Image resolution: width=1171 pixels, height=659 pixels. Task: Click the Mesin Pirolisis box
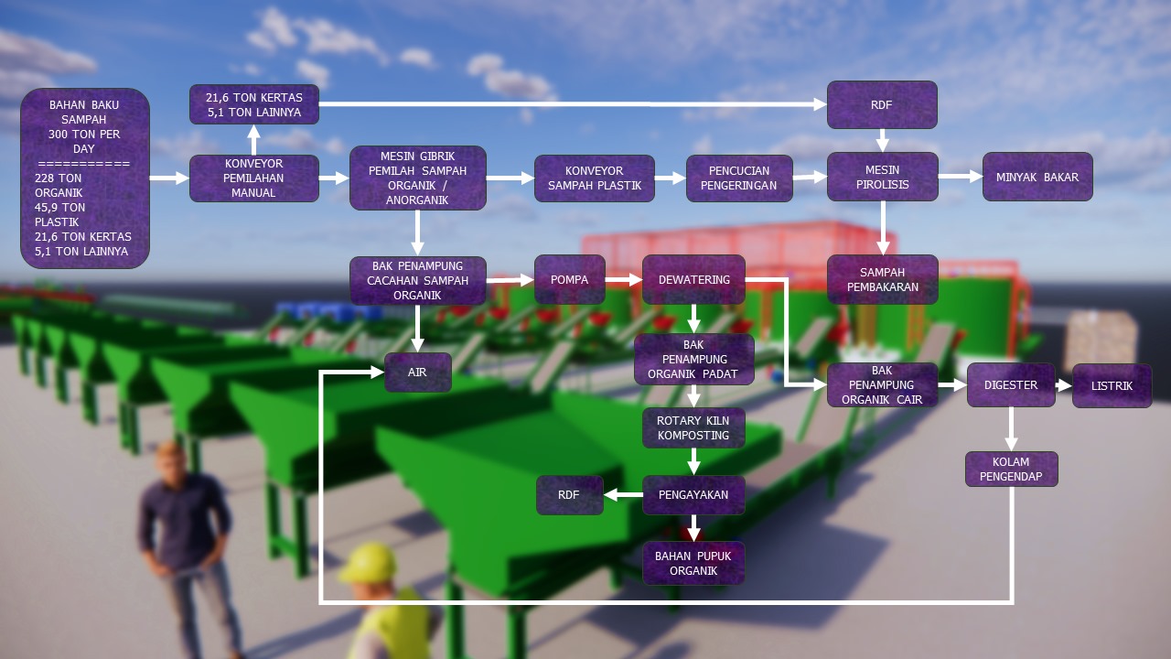tap(882, 177)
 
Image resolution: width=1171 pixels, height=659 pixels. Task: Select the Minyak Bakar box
tap(1037, 177)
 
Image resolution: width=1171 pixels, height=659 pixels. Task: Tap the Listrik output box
tap(1112, 385)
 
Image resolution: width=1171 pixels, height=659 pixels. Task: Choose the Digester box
tap(1011, 385)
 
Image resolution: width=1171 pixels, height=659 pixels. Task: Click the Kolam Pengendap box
tap(1011, 469)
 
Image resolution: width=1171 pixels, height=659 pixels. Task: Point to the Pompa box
tap(570, 279)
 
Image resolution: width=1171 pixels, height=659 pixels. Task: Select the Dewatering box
tap(693, 279)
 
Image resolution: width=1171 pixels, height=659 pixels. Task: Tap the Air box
tap(417, 373)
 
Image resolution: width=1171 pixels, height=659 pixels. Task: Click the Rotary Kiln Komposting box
tap(693, 427)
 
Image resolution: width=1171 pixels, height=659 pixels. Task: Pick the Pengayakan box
tap(693, 494)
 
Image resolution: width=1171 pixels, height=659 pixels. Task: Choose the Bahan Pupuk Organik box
tap(693, 563)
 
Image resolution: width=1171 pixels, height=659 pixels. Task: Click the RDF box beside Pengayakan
tap(569, 494)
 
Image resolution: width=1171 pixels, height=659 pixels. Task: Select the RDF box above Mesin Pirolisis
tap(882, 104)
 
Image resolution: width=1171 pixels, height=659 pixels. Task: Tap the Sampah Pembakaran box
tap(882, 279)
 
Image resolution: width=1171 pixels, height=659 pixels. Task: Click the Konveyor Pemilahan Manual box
tap(254, 178)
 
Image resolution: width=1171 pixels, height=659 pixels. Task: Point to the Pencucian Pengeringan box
tap(738, 178)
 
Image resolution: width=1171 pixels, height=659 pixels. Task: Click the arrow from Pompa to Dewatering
tap(624, 279)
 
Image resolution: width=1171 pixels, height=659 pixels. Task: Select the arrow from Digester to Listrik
tap(1063, 385)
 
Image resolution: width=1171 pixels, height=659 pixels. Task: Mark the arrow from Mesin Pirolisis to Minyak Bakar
tap(960, 176)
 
